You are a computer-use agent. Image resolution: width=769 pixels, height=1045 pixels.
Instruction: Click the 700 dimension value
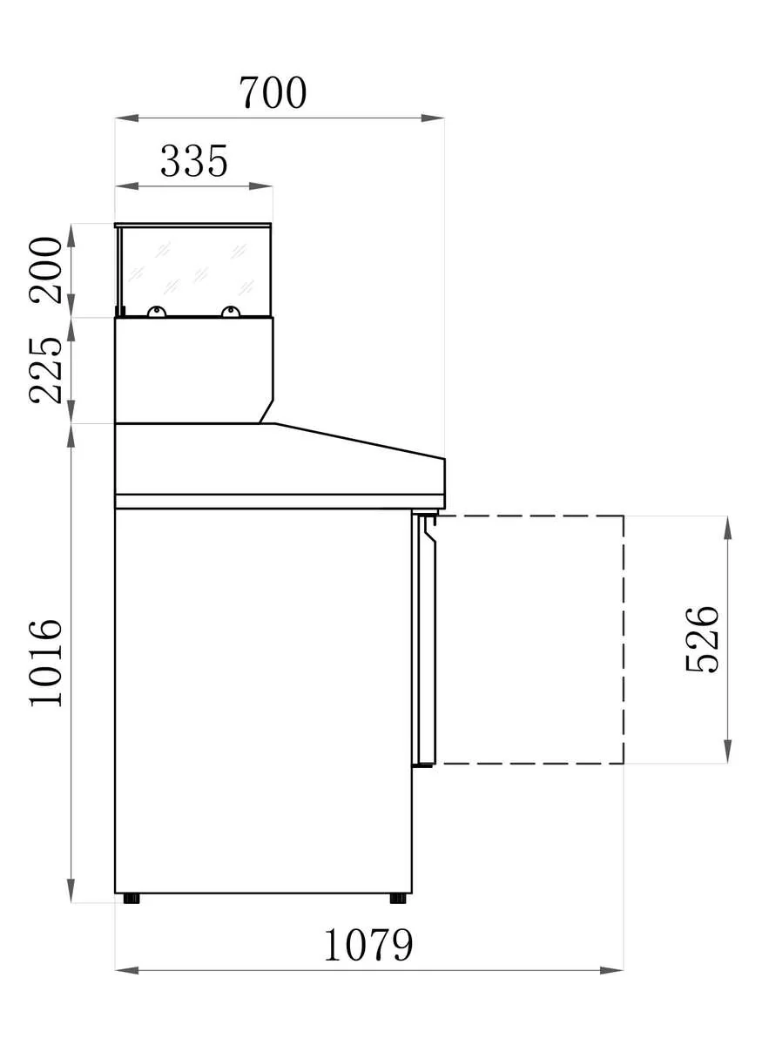click(273, 92)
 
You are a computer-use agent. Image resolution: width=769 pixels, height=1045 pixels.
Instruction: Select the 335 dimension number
click(193, 161)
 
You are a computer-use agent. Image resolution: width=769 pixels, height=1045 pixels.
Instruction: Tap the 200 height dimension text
click(45, 271)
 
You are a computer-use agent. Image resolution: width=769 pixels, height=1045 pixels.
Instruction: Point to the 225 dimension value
click(45, 371)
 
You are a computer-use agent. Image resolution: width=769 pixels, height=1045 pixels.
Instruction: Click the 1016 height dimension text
click(45, 663)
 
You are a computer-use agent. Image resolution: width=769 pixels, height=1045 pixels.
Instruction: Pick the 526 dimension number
click(701, 639)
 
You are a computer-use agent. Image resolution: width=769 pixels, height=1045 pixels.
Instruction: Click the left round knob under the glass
click(157, 312)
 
